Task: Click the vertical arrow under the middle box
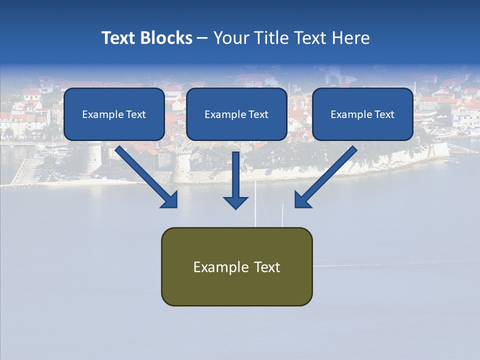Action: pos(235,175)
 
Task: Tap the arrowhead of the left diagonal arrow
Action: pos(170,200)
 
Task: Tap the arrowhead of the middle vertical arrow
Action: pos(235,202)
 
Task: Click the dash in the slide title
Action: pos(202,38)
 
